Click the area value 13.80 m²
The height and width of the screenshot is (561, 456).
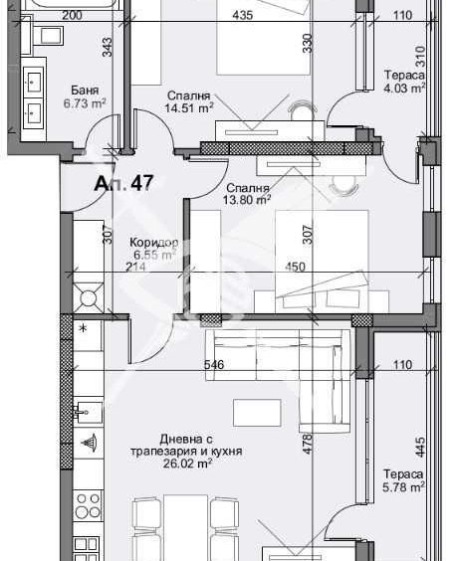[249, 200]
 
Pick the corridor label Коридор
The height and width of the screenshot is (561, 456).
[154, 243]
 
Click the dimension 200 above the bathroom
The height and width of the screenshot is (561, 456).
[72, 15]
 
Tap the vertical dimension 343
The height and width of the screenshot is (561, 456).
[107, 47]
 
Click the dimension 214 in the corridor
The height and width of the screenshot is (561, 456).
[135, 266]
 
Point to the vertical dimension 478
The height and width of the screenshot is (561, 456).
[308, 444]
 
